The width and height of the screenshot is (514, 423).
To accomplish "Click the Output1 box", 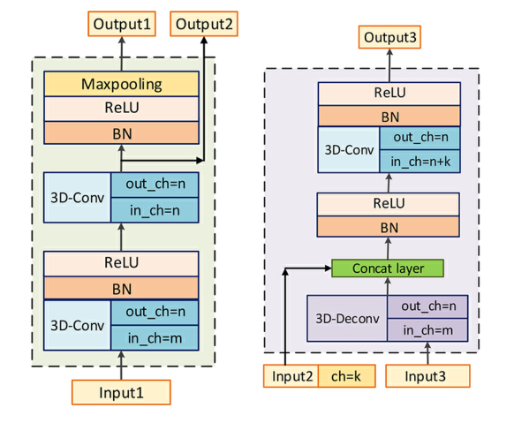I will [x=122, y=23].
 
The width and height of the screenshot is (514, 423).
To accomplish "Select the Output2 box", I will [x=204, y=23].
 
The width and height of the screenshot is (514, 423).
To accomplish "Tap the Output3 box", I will [x=389, y=37].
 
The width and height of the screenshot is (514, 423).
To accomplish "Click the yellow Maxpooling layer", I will [x=122, y=85].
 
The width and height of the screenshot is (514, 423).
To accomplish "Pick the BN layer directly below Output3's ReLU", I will [x=389, y=116].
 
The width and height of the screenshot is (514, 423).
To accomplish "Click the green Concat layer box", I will [x=386, y=268].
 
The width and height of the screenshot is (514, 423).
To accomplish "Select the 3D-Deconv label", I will [x=348, y=317].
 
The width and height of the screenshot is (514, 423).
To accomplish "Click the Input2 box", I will [x=292, y=376].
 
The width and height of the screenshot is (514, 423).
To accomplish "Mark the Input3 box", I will [x=428, y=376].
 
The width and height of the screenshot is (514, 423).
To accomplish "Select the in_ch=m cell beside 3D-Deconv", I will [x=428, y=329].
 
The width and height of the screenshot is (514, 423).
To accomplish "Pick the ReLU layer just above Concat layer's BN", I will [x=389, y=204].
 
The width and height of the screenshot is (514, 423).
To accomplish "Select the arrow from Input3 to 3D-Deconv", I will [x=428, y=352].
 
